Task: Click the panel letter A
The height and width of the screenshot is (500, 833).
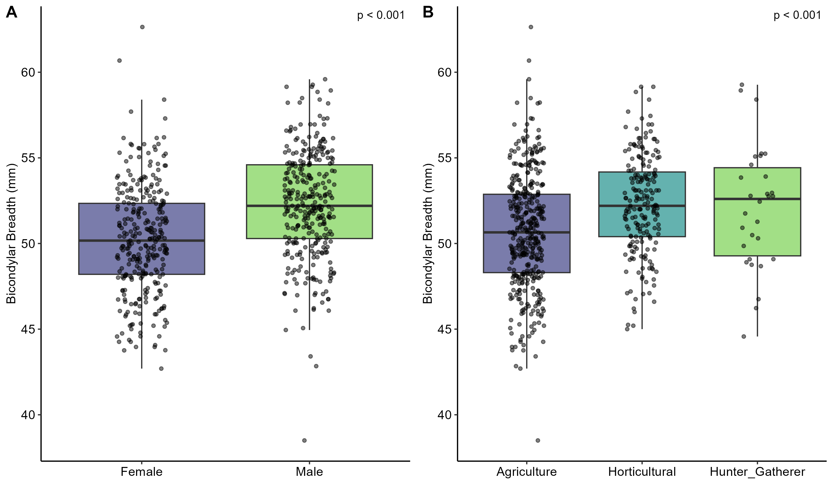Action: pyautogui.click(x=12, y=13)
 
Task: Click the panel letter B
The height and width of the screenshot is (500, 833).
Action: pyautogui.click(x=428, y=13)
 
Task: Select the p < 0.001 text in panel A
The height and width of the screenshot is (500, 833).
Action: pyautogui.click(x=381, y=15)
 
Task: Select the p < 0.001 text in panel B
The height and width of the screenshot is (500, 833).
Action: pyautogui.click(x=797, y=15)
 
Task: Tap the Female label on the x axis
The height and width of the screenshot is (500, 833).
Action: pyautogui.click(x=141, y=472)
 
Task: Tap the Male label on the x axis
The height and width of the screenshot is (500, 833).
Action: pyautogui.click(x=309, y=472)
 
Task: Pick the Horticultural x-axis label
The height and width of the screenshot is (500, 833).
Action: pyautogui.click(x=642, y=472)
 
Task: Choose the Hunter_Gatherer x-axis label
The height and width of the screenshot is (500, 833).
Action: pyautogui.click(x=757, y=472)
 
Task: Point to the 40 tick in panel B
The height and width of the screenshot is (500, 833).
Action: pyautogui.click(x=445, y=415)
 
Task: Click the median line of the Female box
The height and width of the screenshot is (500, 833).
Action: pyautogui.click(x=141, y=240)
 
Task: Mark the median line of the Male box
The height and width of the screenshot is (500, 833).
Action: pyautogui.click(x=309, y=206)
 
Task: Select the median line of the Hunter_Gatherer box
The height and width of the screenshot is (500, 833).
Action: pyautogui.click(x=757, y=199)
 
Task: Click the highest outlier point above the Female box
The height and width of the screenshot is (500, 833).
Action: pyautogui.click(x=142, y=27)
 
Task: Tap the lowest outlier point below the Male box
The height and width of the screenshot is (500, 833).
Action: pyautogui.click(x=304, y=440)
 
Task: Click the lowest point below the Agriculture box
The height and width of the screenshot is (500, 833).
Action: pyautogui.click(x=538, y=440)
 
